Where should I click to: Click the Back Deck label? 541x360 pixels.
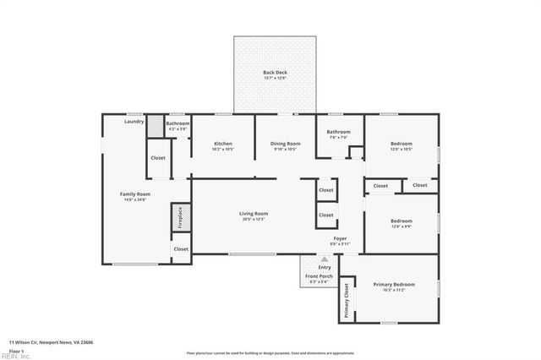276,73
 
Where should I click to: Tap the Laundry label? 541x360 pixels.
134,122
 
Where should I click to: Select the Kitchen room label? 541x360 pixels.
222,144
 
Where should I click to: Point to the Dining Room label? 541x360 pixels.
285,144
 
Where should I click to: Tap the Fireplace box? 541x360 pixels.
178,217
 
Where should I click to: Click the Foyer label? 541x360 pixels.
340,239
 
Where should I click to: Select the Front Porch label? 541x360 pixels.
319,278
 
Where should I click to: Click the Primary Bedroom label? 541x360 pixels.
394,286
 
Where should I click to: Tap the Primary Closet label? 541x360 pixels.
346,300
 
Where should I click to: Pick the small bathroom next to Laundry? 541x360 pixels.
178,125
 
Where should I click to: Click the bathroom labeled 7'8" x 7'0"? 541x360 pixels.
338,133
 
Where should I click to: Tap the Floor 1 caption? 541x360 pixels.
17,350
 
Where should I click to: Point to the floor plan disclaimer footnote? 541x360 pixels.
270,353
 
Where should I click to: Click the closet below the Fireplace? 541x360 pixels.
181,249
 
